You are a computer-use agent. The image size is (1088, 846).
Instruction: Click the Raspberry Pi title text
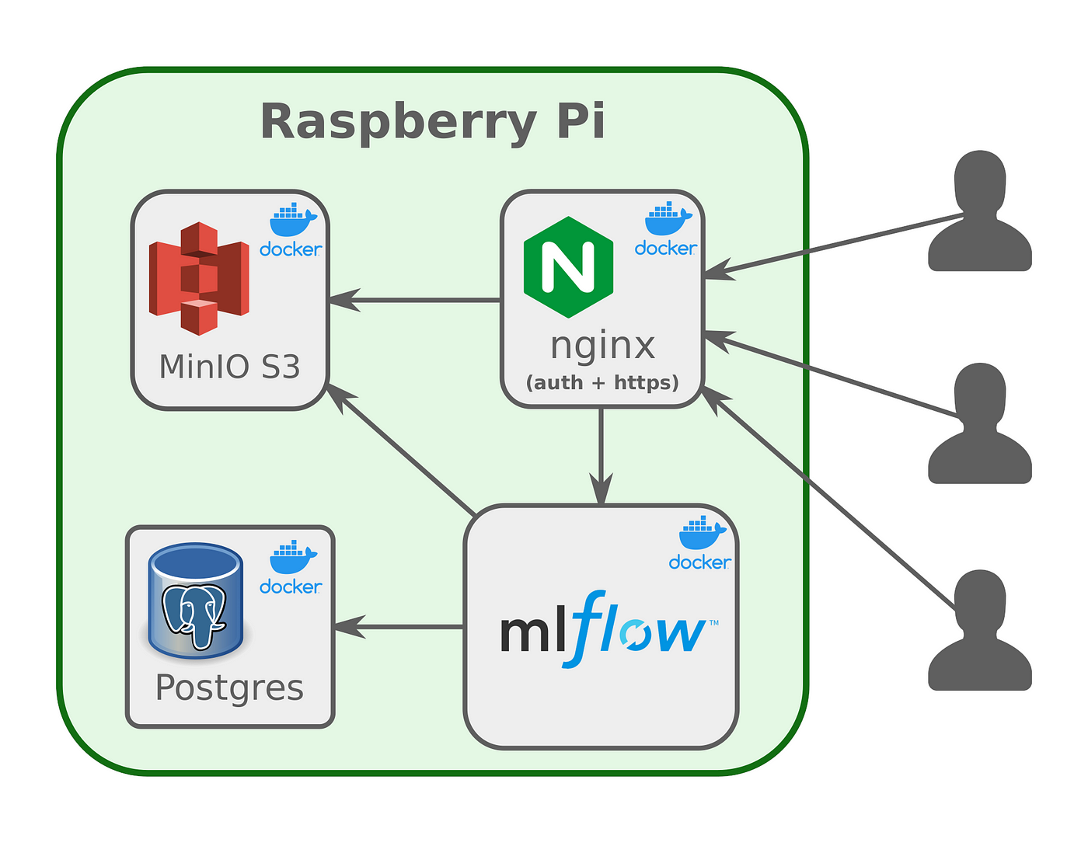coord(433,122)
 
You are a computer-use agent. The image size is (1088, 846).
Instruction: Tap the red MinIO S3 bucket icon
coord(199,278)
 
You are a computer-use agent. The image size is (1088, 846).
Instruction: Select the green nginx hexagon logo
coord(568,266)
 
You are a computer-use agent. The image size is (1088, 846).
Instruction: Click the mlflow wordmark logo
coord(609,629)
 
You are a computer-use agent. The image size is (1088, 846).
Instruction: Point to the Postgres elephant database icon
coord(196,601)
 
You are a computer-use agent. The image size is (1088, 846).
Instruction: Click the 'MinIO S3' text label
coord(229,367)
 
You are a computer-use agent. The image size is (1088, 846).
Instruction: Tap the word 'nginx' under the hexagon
coord(602,346)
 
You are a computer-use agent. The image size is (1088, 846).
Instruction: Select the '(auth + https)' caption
coord(602,383)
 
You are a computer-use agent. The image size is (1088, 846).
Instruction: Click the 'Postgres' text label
coord(229,688)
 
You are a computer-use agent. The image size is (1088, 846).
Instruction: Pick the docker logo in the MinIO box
coord(291,230)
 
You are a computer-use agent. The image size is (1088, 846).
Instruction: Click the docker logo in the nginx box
coord(666,228)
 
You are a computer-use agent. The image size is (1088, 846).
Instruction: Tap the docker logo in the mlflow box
coord(700,543)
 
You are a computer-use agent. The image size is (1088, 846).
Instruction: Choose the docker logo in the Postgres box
coord(291,567)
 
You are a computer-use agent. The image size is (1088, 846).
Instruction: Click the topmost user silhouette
coord(980,211)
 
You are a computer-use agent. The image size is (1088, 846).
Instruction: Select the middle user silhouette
coord(980,423)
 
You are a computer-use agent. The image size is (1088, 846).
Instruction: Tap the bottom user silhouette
coord(980,630)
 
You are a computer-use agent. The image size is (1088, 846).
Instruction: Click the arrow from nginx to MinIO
coord(414,300)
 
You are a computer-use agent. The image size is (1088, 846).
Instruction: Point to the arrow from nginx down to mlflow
coord(601,456)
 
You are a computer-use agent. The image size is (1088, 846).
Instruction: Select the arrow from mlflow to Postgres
coord(399,626)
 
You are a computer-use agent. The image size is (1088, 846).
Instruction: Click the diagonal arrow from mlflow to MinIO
coord(400,450)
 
